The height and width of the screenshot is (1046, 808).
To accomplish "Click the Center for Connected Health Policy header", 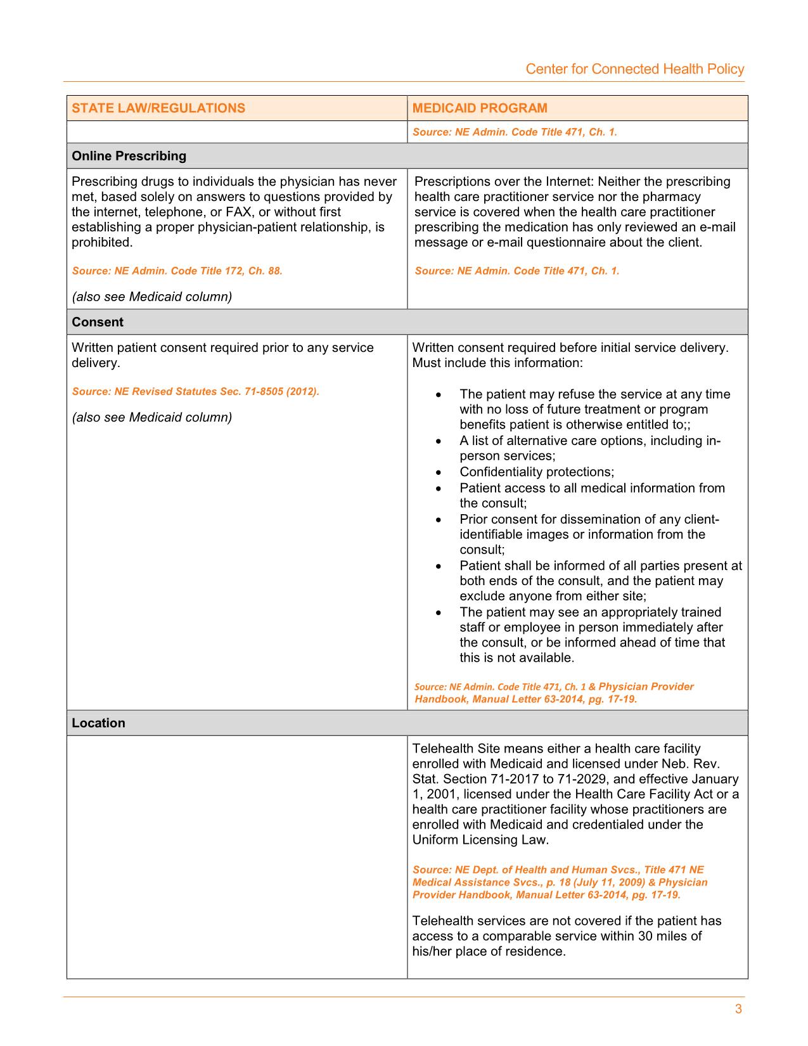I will click(x=634, y=69).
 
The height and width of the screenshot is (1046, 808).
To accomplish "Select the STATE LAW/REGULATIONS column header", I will click(x=158, y=108).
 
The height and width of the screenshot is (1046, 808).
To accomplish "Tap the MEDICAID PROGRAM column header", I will click(x=480, y=108).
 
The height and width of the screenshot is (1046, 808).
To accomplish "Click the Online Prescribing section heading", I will click(x=129, y=156).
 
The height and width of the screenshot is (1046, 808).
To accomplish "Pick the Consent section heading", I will click(x=98, y=322).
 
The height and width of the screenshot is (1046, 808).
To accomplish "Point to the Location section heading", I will click(x=98, y=723).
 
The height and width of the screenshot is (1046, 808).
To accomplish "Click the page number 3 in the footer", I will click(x=738, y=1010).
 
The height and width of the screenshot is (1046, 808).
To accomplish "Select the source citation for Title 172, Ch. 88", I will click(x=177, y=271).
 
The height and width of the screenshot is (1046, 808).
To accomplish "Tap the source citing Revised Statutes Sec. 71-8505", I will click(x=195, y=391).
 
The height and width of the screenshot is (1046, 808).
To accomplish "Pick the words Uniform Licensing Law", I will click(x=480, y=840).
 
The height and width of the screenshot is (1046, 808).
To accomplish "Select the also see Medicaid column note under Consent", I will click(x=152, y=417).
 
